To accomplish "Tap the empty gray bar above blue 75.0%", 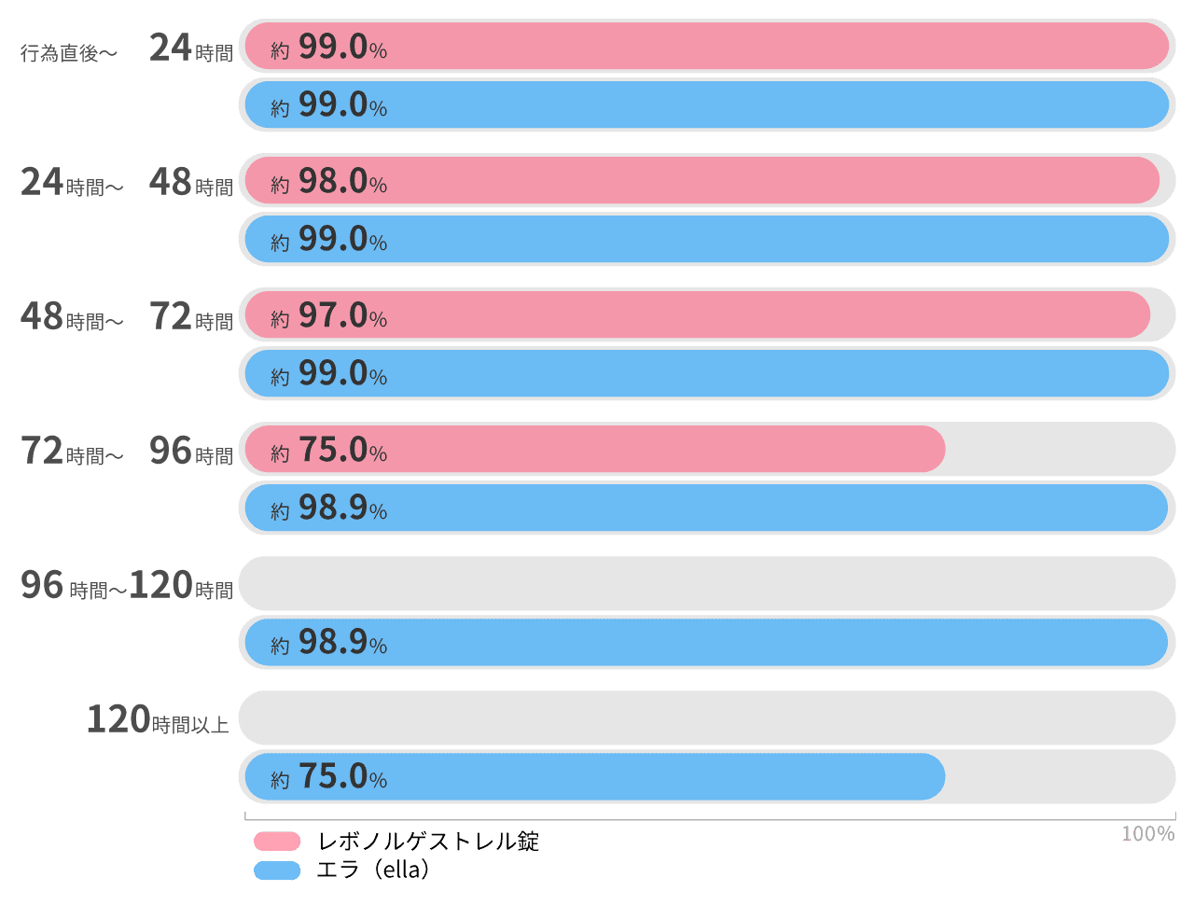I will point(706,717).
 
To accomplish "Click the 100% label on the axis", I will point(1147,833).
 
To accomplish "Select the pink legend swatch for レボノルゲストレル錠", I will point(277,842).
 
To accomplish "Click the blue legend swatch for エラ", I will point(277,870).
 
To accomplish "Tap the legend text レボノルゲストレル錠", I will point(428,842).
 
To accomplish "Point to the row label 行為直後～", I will point(69,53).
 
